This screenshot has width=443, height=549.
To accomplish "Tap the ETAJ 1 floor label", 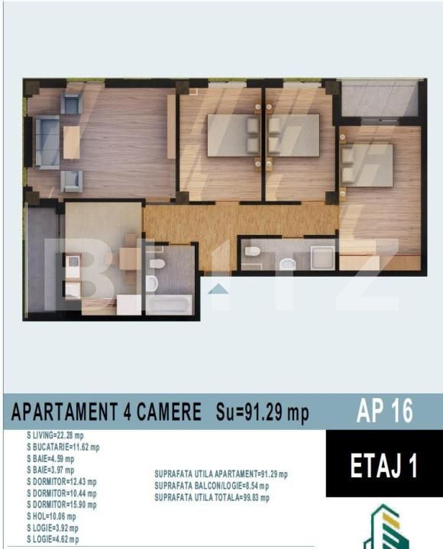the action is pos(384,465).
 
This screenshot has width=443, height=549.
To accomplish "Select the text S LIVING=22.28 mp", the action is pos(55,435).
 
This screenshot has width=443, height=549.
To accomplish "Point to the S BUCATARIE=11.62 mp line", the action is pos(63,447).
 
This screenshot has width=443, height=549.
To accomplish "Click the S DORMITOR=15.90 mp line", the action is pos(62,505).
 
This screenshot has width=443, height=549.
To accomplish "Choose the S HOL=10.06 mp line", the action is pos(51,516).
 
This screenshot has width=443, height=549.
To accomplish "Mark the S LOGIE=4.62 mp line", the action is pos(53,539).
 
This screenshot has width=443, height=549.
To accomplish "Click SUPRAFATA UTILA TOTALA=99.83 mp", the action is pos(212,497).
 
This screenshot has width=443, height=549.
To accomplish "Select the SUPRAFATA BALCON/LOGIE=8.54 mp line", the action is pos(212,486).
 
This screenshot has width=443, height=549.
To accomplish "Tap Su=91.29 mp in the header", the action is pos(262,412).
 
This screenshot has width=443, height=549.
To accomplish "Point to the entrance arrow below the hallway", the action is pos(218,288).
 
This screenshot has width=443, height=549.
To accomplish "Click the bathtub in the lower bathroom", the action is pos(169,303).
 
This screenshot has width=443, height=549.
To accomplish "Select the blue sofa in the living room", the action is pos(47,142).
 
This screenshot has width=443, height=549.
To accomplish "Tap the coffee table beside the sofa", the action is pos(71,142).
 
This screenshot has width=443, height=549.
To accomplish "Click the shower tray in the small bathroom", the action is pos(322,258).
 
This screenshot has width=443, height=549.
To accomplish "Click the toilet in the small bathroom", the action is pos(253,251).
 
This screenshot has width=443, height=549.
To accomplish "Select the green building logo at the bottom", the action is pos(385,527).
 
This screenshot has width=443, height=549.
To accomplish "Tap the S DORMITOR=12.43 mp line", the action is pos(62,482).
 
